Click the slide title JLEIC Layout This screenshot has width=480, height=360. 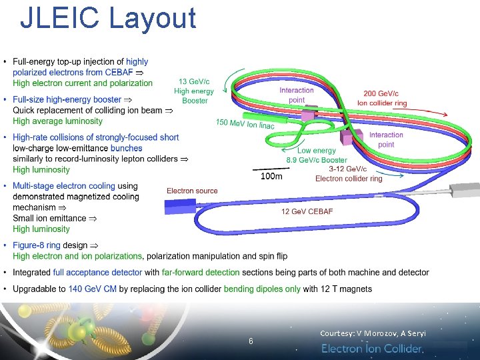(108, 19)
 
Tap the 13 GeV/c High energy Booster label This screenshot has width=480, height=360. (194, 91)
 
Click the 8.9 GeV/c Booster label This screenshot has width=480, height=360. (317, 160)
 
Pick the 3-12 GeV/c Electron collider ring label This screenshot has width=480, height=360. (349, 174)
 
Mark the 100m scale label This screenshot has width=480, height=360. (271, 176)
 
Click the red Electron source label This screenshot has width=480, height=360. (192, 191)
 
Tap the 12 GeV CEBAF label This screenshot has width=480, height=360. (307, 211)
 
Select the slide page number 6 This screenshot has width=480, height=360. (251, 341)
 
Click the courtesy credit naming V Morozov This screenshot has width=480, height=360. (373, 333)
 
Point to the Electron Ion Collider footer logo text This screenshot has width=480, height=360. (373, 349)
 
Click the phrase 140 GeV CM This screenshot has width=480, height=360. (94, 289)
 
